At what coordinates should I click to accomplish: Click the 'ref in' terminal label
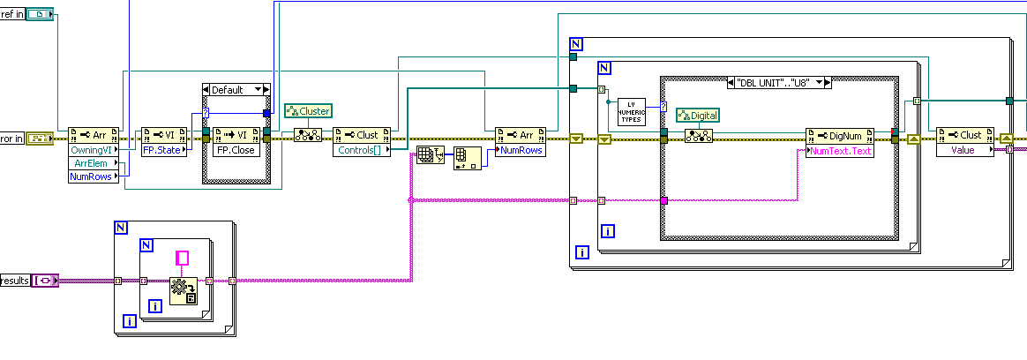tap(11, 15)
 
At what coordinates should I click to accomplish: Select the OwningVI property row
tap(89, 150)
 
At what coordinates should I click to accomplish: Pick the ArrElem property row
tap(89, 163)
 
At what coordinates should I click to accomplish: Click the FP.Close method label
tap(235, 150)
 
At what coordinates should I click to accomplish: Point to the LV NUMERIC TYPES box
tap(631, 112)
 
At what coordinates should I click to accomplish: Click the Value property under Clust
tap(963, 150)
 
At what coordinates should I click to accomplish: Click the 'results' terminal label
tap(14, 281)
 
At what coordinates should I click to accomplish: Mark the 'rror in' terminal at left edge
tap(11, 138)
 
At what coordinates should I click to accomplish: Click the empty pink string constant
tap(184, 258)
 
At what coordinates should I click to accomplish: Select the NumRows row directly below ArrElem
tap(89, 176)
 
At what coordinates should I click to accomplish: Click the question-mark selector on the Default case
tap(206, 112)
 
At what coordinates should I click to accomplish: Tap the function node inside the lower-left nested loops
tap(184, 289)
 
